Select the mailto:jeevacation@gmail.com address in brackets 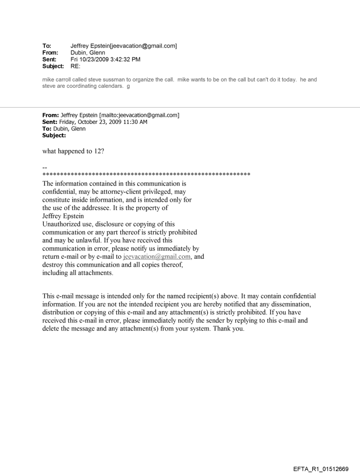(x=133, y=115)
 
